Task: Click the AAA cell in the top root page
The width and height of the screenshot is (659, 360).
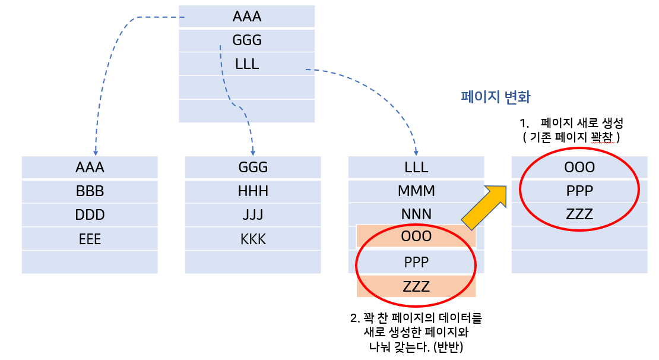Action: click(247, 17)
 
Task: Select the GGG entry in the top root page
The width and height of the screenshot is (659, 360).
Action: click(247, 40)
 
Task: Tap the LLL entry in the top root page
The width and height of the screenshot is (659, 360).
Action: click(247, 64)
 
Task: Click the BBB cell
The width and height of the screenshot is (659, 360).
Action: click(90, 191)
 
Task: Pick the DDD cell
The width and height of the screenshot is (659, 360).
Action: click(90, 215)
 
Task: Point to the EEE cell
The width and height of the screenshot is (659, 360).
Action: click(90, 239)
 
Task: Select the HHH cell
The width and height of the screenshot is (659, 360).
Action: click(253, 191)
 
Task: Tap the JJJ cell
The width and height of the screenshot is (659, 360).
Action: click(253, 215)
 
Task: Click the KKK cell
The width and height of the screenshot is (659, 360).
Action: click(253, 239)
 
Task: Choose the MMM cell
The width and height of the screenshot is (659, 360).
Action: click(416, 191)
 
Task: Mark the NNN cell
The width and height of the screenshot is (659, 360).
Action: click(416, 214)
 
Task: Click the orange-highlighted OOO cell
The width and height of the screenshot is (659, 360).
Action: click(416, 236)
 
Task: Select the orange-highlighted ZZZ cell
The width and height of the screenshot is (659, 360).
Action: click(416, 286)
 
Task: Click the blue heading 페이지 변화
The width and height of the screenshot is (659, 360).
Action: click(496, 97)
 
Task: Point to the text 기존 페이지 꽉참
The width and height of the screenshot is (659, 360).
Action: click(570, 137)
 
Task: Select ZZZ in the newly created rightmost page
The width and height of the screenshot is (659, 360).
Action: click(579, 214)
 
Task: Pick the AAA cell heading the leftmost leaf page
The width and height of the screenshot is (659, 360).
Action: click(90, 168)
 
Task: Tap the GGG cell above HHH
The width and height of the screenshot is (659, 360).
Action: click(253, 168)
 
